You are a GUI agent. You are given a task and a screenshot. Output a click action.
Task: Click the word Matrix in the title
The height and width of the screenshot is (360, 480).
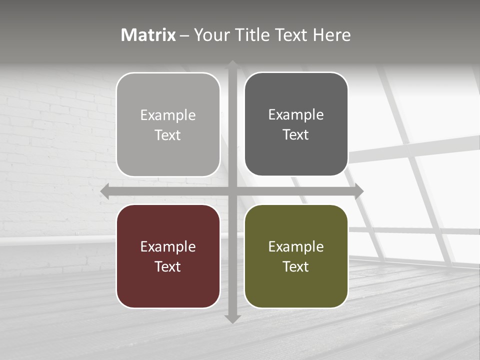click(148, 35)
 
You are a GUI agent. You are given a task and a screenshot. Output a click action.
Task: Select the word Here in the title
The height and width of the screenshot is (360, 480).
click(331, 35)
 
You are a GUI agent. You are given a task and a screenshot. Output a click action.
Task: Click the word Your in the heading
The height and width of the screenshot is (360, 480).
click(210, 35)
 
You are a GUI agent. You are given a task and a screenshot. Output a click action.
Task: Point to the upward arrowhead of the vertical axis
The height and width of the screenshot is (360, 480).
click(232, 64)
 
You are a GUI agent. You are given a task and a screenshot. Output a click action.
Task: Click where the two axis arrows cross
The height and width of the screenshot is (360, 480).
click(232, 191)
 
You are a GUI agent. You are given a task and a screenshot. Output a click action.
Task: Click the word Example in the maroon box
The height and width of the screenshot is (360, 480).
click(168, 246)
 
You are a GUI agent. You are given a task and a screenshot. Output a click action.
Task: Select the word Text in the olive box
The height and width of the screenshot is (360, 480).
click(296, 266)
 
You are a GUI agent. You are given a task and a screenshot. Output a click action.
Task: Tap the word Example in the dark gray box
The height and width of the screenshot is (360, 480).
click(296, 114)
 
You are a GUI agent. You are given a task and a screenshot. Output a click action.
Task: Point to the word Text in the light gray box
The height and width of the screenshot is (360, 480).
click(168, 135)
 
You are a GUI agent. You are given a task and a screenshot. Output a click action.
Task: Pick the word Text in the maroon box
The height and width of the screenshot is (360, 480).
click(168, 266)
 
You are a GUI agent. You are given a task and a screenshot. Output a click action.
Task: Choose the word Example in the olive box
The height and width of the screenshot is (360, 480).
click(296, 246)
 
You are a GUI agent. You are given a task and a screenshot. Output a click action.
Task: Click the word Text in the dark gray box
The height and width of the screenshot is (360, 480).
click(296, 134)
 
